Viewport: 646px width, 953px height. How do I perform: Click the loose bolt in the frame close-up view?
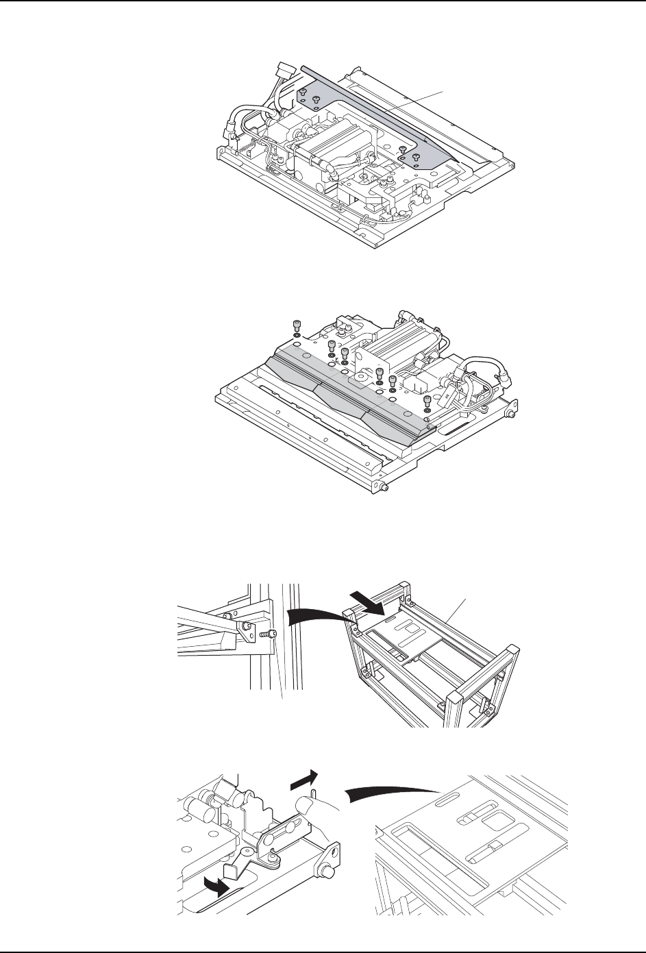pos(271,635)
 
